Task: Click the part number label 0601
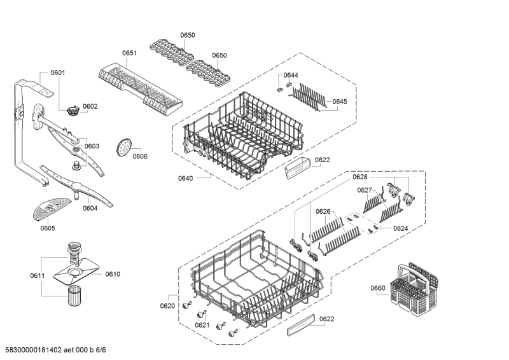(x=58, y=73)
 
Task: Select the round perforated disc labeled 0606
(x=123, y=148)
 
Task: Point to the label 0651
(x=129, y=53)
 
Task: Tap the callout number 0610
(x=113, y=274)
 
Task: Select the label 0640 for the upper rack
(x=185, y=179)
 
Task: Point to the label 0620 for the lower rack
(x=167, y=306)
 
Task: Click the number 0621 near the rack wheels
(x=202, y=325)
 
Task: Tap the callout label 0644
(x=291, y=76)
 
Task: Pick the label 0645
(x=340, y=101)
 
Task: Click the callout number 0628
(x=360, y=177)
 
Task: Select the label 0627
(x=364, y=190)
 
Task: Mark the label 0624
(x=400, y=228)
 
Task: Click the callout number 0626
(x=323, y=211)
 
